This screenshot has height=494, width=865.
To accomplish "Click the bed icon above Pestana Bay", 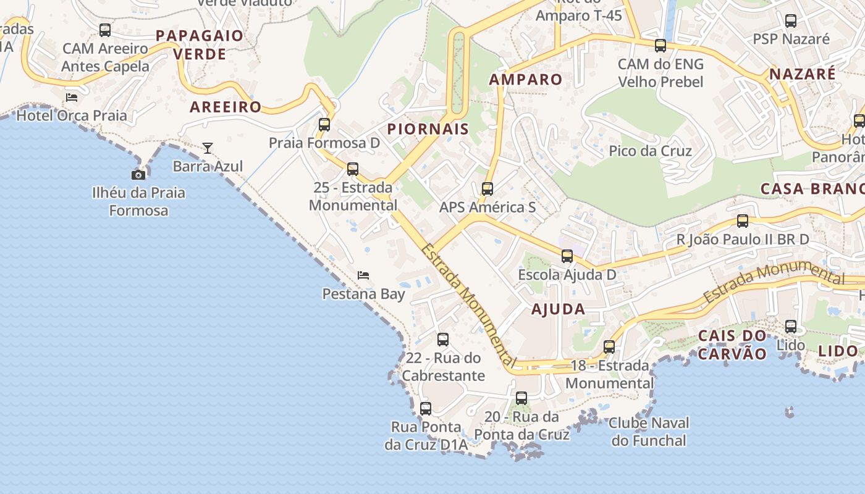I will pos(363,275).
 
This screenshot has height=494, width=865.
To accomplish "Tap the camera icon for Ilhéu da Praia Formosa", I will pos(138,175).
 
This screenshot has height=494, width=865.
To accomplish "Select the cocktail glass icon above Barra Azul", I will pos(208,148).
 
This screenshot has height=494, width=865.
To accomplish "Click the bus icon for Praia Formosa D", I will pos(324,125).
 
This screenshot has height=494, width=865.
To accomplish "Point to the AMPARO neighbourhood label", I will pos(526,79).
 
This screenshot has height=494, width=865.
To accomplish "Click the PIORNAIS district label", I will pos(428,129).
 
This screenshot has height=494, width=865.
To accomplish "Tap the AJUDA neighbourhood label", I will pos(558,309).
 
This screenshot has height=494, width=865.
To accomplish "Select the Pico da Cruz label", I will pos(650,151).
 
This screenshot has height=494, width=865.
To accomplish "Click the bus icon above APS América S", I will pos(487,189).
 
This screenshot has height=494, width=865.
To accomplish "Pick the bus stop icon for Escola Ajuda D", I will pos(567,256).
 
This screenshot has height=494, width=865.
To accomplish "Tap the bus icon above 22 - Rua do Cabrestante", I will pos(443,340).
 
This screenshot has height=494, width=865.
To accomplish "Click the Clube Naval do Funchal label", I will pos(649,432).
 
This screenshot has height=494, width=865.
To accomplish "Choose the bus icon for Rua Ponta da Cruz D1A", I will pos(426,409).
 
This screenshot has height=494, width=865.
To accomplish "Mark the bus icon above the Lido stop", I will pos(791,327).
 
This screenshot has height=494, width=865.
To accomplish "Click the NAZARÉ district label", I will pos(802,74).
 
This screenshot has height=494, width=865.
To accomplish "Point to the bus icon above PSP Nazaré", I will pos(791,21).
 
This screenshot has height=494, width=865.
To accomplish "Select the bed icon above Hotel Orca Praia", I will pos(72,97).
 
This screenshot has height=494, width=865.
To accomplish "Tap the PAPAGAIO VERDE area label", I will pos(200,44).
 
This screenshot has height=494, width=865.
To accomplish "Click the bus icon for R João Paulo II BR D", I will pos(743,221).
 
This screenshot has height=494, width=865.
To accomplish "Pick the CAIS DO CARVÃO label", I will pos(732,345).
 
